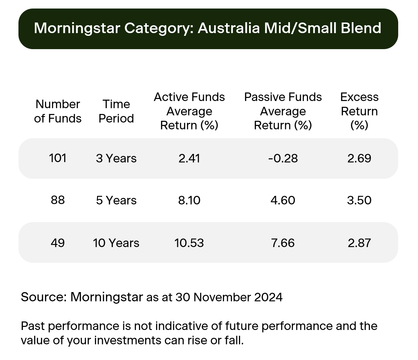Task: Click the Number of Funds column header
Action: coord(58,111)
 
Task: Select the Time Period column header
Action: coord(116,111)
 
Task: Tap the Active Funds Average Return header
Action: coord(189,111)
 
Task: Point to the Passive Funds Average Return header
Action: coord(283,111)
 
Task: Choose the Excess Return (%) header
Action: coord(359,111)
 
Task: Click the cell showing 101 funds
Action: coord(58,158)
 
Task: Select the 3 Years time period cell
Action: coord(116,158)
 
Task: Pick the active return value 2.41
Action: coord(189,158)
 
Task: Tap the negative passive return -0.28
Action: coord(283,158)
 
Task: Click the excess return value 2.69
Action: coord(359,158)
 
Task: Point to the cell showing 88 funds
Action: coord(58,200)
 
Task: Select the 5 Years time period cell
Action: coord(116,200)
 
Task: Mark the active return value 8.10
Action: coord(189,200)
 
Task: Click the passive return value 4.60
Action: coord(283,200)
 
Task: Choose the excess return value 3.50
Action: coord(359,200)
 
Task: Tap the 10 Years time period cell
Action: coord(116,243)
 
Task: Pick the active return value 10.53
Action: coord(189,243)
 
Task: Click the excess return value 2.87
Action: coord(359,243)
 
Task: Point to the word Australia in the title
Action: coord(229,28)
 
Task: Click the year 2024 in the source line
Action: coord(268,297)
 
